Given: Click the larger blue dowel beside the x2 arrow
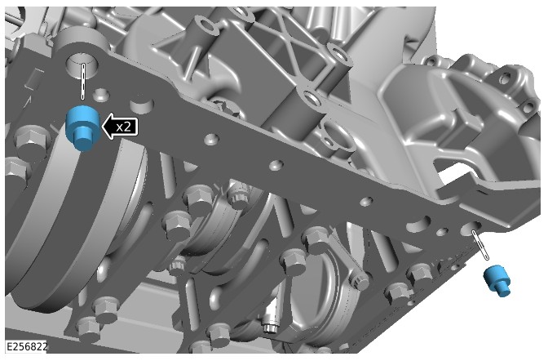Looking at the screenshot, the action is coord(83,128).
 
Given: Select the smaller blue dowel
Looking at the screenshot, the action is coord(497,281).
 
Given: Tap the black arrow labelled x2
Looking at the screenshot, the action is coord(119,126).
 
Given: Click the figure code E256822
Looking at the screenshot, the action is coord(27,347).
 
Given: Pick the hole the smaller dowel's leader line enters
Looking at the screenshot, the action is coord(471,229).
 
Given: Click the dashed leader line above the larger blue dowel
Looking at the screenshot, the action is coord(83,81).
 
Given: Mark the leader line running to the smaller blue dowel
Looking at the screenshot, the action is coord(480,245).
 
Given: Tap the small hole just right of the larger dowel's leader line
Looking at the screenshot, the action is coord(101,94).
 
